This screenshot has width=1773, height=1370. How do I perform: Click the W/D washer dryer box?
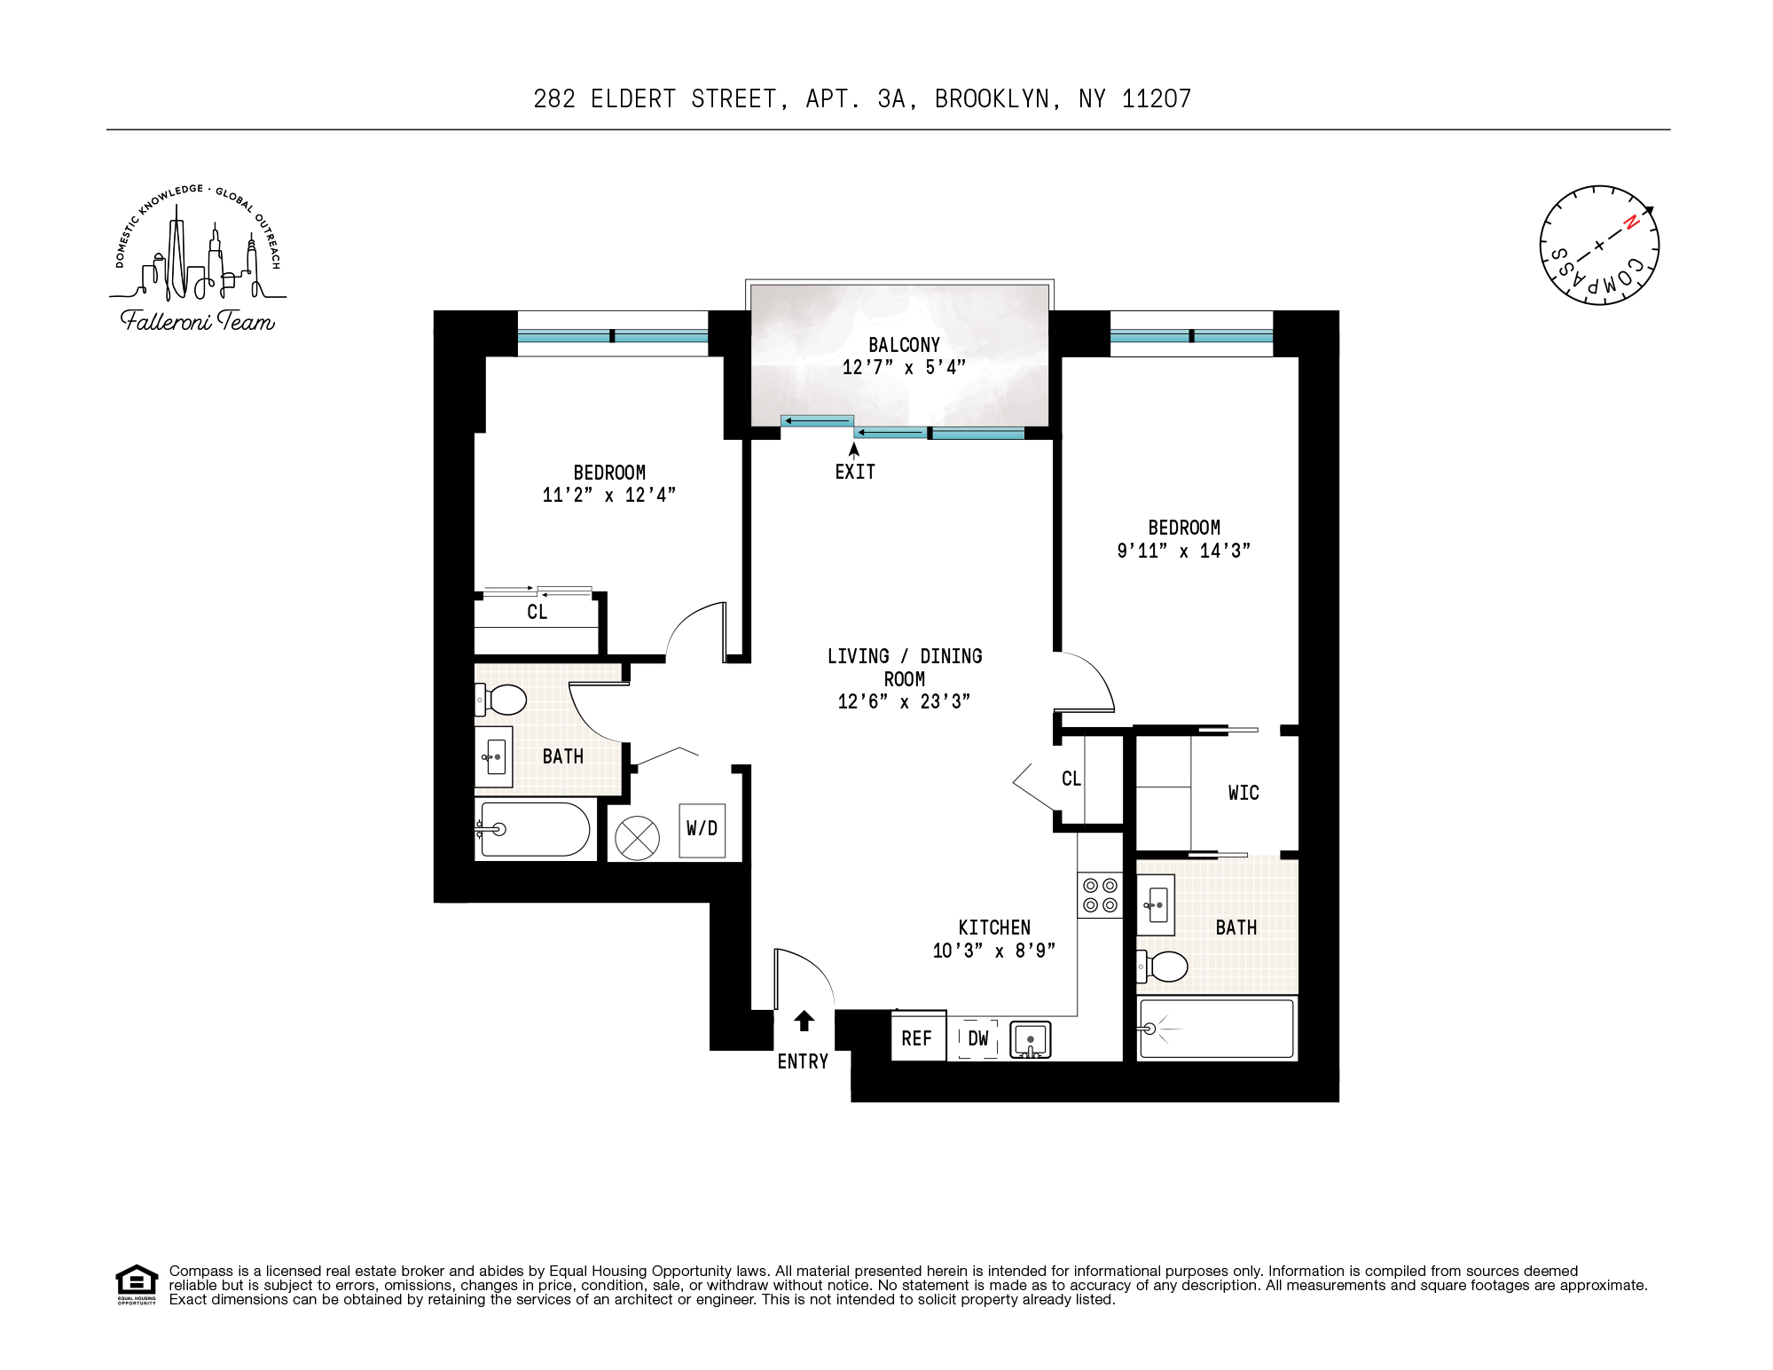702,830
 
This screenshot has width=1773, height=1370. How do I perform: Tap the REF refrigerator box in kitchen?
917,1037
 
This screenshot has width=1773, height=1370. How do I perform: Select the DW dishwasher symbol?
977,1038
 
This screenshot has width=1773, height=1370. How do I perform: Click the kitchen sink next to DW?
1031,1039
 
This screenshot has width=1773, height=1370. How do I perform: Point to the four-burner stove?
1100,895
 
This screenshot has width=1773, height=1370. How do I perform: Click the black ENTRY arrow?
804,1021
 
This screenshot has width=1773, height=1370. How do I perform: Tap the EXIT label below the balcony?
855,472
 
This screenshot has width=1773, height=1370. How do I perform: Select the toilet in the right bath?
1163,967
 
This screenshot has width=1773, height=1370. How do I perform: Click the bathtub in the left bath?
533,829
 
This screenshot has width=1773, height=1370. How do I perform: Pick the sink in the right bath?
1156,905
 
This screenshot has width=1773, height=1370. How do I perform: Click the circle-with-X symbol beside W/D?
637,837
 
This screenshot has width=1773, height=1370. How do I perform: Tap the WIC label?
1243,793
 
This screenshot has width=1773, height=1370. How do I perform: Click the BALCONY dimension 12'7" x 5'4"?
903,367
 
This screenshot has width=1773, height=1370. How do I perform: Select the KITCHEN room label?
993,928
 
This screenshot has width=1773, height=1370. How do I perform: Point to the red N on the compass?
1629,223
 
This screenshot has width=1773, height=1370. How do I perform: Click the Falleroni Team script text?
197,321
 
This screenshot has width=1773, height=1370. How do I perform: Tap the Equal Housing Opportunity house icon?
137,1283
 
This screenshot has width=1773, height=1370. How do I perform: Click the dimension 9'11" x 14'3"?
1183,551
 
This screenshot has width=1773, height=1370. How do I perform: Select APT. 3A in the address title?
855,99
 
